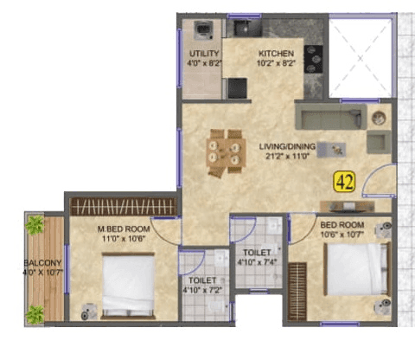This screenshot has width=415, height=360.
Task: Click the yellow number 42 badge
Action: tap(346, 181)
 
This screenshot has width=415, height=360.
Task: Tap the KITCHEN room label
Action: tap(276, 53)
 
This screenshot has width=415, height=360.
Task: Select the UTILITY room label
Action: tap(202, 53)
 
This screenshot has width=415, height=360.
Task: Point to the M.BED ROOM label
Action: tap(117, 229)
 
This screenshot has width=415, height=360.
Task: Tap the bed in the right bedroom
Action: tap(355, 269)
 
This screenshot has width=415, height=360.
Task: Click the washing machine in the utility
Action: tap(204, 31)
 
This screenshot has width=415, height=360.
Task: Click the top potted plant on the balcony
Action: tap(35, 226)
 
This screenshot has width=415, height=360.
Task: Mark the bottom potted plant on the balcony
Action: tap(35, 314)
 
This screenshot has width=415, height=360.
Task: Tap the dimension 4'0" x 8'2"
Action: tap(203, 63)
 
